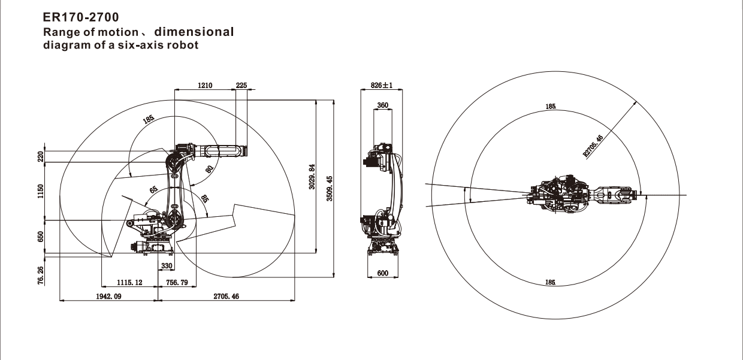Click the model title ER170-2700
pos(81,17)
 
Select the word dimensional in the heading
pos(194,32)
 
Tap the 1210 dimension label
pos(205,85)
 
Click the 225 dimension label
pos(241,85)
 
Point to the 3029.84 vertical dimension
pos(312,176)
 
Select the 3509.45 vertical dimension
pos(330,188)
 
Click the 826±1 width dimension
pos(382,85)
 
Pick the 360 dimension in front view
pos(382,105)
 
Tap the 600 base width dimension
pos(383,273)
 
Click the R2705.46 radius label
pos(593,145)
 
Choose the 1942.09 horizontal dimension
pos(108,297)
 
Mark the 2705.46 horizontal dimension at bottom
pos(226,297)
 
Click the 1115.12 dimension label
pos(129,283)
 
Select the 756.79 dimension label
pos(177,283)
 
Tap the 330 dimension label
pos(167,266)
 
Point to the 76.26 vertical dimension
pos(41,275)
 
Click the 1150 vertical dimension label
pos(41,191)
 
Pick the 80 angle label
pos(209,170)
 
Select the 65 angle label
pos(153,190)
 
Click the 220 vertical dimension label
pos(41,156)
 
